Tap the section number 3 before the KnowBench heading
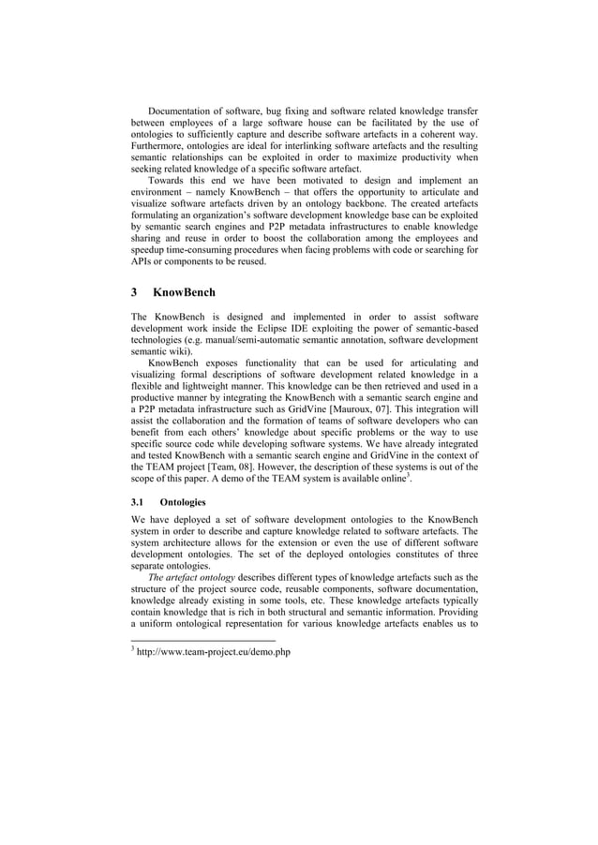pyautogui.click(x=134, y=293)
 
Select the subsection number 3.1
pyautogui.click(x=138, y=502)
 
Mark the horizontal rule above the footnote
pyautogui.click(x=202, y=640)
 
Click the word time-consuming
pyautogui.click(x=209, y=251)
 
